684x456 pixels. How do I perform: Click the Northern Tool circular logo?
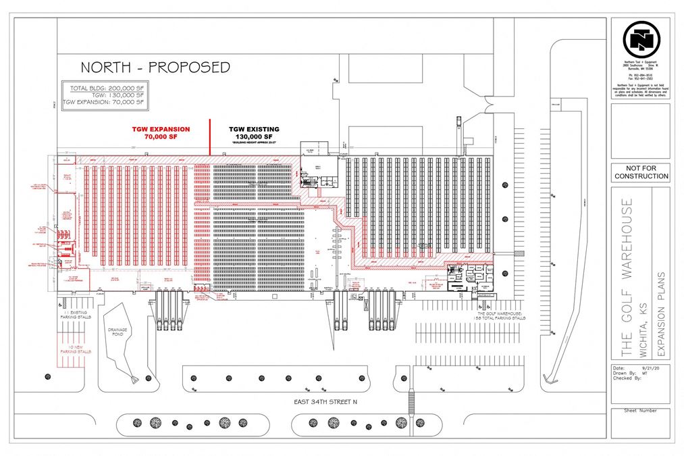click(x=641, y=40)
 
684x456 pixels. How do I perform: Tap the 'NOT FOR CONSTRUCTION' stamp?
click(x=641, y=172)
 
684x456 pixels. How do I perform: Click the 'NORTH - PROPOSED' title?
click(x=155, y=67)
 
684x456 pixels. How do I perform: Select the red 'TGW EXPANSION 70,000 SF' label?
click(x=161, y=132)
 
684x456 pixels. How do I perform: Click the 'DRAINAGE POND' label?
click(x=118, y=332)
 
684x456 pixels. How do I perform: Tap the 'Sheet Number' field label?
click(x=639, y=410)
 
